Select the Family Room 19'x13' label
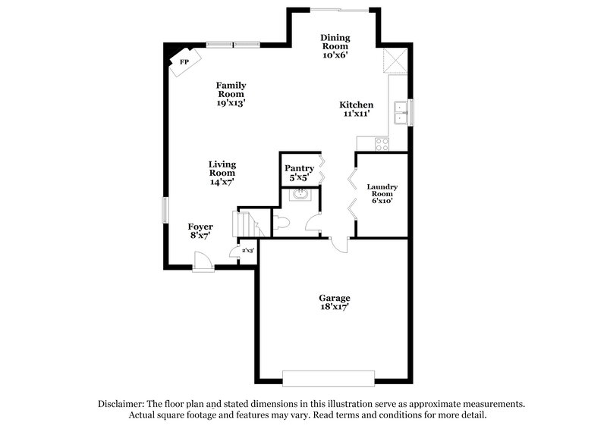coord(231,93)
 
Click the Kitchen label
coord(356,109)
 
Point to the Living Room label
coord(222,173)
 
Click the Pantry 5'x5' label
coord(299,173)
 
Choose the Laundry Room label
coord(382,194)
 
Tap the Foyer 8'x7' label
coord(200,231)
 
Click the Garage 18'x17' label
coord(334,303)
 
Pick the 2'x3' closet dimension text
coord(247,250)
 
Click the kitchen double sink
coord(401,113)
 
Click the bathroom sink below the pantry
coord(299,195)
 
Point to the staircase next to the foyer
coord(247,224)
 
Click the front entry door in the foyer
coord(203,262)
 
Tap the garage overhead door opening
coord(329,377)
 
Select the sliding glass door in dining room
coord(339,9)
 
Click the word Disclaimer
coord(124,404)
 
